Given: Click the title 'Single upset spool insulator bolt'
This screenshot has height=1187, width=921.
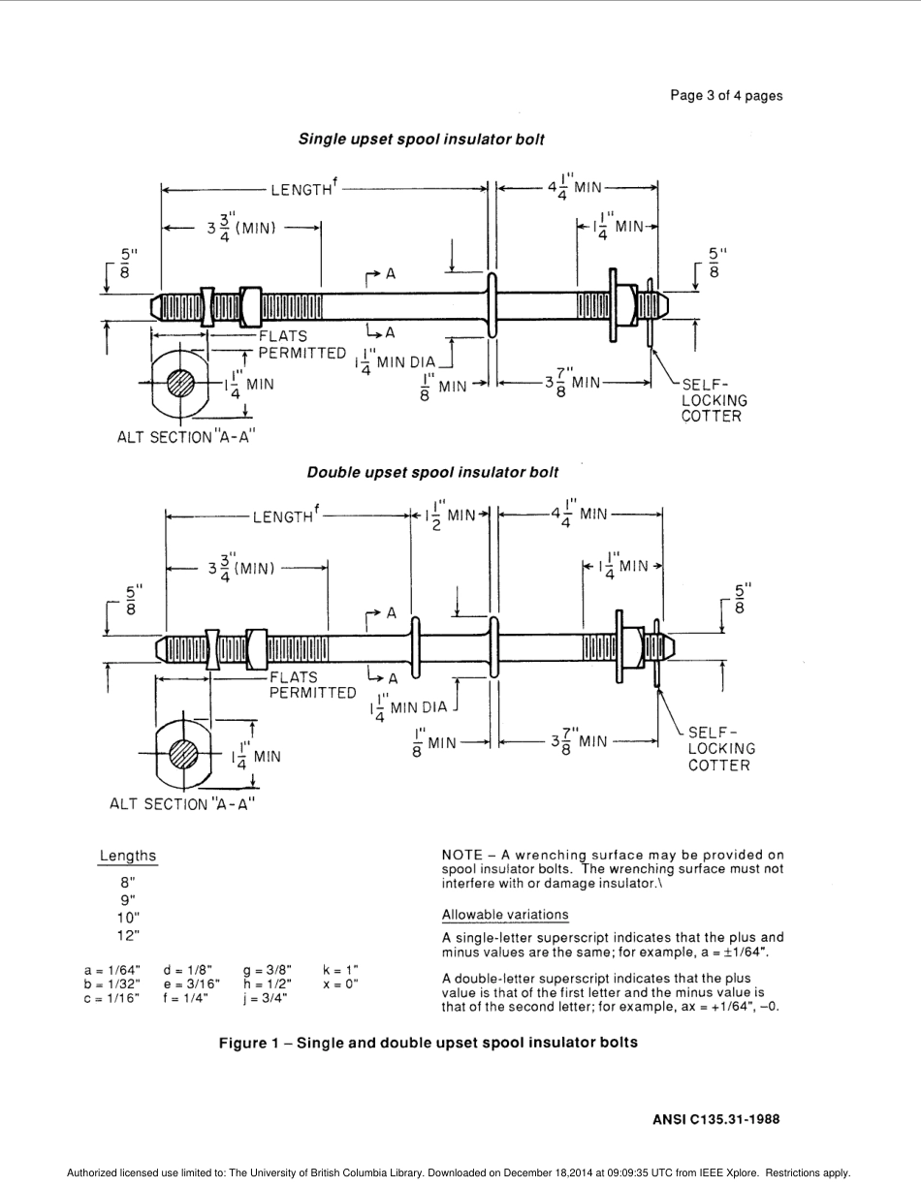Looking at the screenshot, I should point(421,140).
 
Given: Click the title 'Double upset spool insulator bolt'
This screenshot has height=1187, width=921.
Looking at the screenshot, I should point(432,473).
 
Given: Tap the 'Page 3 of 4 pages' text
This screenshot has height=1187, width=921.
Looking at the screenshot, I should point(726,95).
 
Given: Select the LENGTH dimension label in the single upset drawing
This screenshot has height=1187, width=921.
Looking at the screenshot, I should point(302,190).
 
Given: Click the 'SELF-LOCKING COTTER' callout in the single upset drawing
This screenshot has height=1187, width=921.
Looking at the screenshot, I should point(714,399).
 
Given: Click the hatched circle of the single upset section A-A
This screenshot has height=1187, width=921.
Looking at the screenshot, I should point(180,383).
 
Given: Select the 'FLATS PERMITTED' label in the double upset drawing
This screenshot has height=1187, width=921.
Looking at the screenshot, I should point(312,685).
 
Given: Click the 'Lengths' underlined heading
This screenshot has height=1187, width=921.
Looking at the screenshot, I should point(127,856).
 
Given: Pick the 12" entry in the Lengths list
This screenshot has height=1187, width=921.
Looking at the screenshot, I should point(128,935).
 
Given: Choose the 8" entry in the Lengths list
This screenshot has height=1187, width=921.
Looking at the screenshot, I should point(128,882).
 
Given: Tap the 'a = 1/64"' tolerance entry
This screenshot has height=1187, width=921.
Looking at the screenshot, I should point(111,969).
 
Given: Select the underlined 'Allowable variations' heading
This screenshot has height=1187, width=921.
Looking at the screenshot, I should point(505,915).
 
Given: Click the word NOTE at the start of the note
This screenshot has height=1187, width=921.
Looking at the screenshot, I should point(461,855).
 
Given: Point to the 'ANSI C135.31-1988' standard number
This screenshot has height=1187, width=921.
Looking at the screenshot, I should point(716,1118).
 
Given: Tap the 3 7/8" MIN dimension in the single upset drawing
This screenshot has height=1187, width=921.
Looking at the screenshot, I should point(574,383).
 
